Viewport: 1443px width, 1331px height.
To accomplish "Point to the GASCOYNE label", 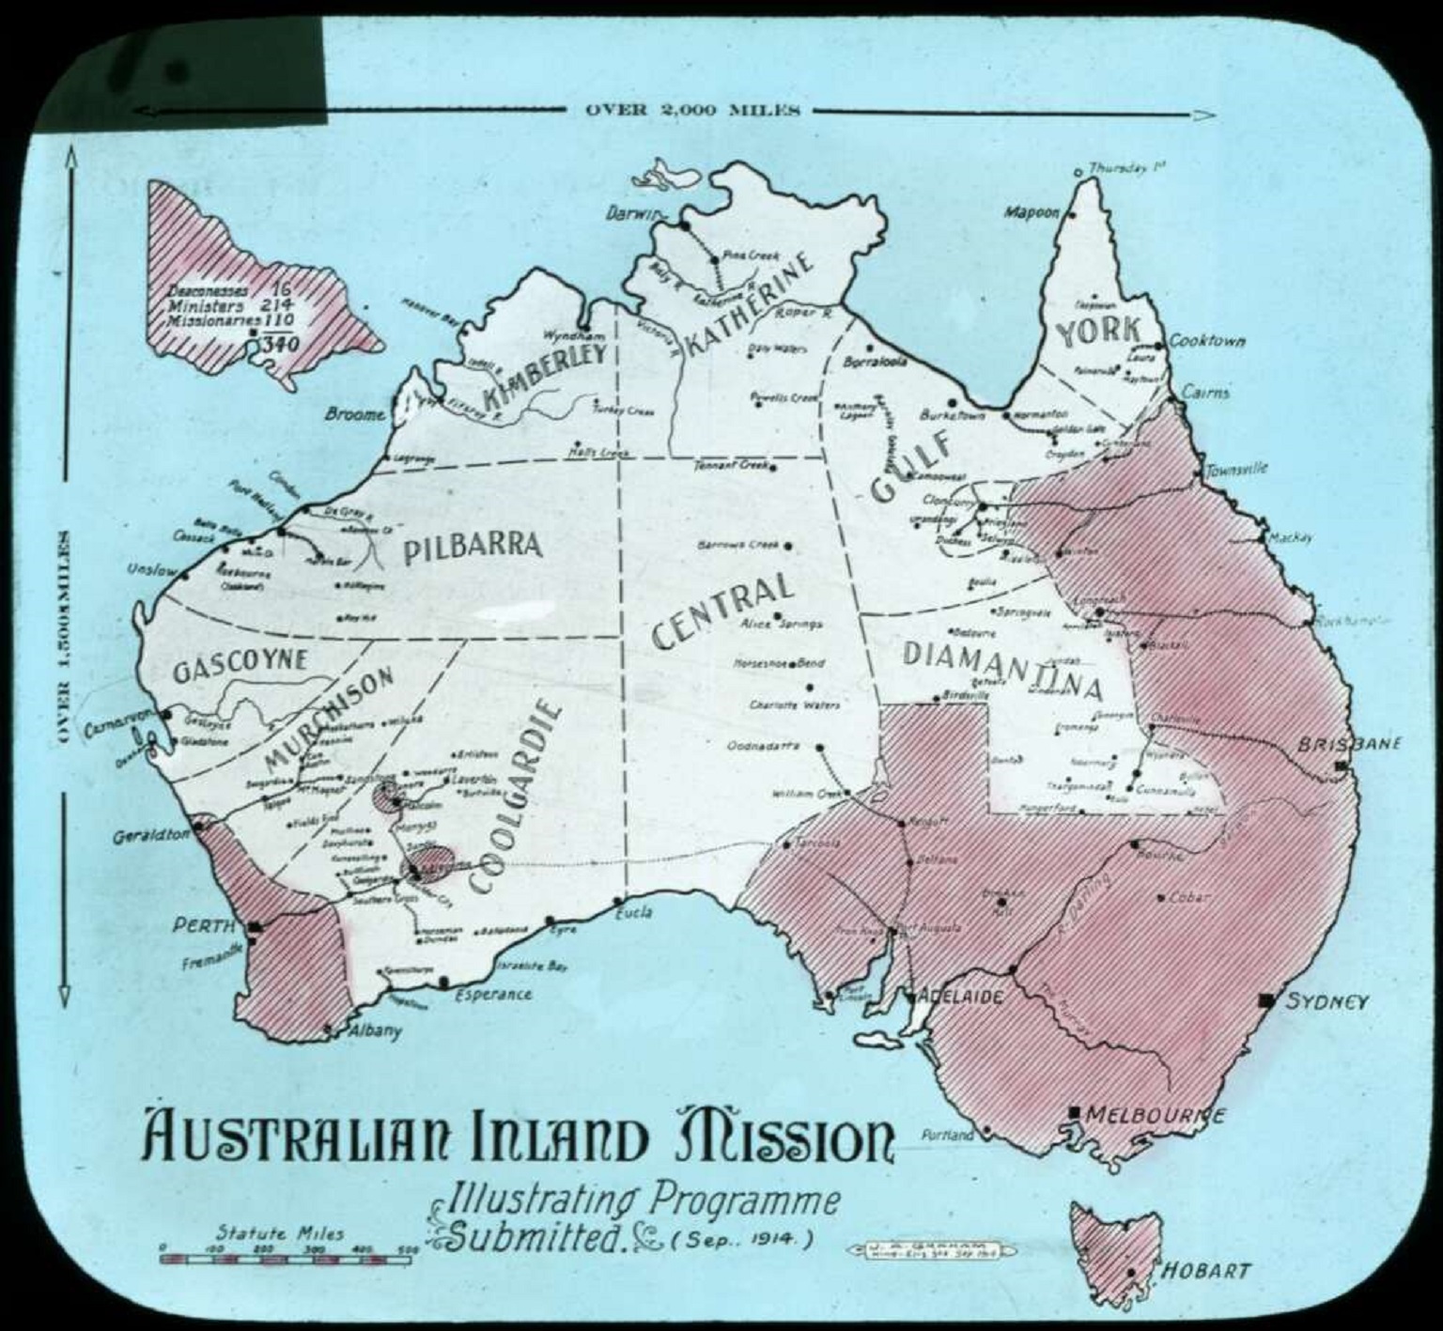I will (240, 664).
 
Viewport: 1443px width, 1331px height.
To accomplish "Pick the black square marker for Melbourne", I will (1075, 1113).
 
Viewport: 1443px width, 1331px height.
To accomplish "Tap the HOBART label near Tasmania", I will (1207, 1271).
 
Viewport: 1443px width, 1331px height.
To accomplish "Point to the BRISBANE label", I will (1349, 744).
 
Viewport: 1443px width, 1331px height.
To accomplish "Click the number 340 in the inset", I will (281, 344).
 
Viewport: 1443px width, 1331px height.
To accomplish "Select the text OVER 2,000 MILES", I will (692, 110).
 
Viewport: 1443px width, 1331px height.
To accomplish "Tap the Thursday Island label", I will (1126, 168).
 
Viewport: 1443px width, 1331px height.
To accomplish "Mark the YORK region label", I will (1098, 331).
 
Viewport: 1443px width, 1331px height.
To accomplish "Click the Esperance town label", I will (493, 994).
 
